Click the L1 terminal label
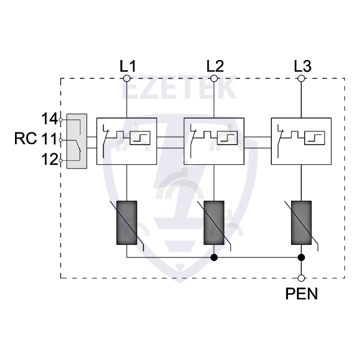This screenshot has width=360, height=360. pos(127,65)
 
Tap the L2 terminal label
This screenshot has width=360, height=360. pos(214,65)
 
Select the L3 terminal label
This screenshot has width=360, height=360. pos(302,65)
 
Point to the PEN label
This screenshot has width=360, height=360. pos(302,295)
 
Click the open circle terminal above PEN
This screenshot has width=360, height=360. pos(302,278)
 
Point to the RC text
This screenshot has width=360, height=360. pos(26,139)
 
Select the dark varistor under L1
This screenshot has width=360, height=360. pos(127,222)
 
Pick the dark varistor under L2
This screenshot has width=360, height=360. pos(214,222)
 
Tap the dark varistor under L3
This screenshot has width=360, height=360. pos(302,222)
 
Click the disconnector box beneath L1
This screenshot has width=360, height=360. pos(127,140)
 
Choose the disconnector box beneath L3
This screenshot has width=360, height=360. pos(302,140)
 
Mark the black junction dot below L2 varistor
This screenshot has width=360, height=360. pos(214,258)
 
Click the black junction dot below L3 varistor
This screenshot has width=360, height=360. pos(302,258)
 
